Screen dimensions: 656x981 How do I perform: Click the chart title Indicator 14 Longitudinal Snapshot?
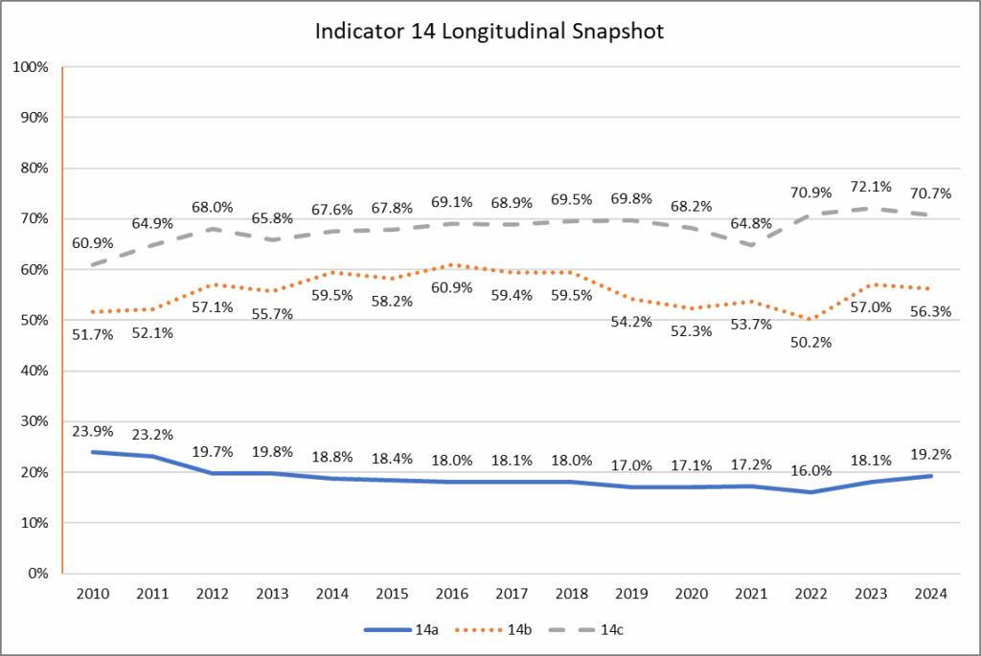tap(490, 31)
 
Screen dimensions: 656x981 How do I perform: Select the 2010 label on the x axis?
tap(93, 594)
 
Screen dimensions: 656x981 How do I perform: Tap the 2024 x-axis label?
tap(929, 594)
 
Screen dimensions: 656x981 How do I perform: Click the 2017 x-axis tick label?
tap(511, 594)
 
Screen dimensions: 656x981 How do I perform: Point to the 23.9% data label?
tap(92, 430)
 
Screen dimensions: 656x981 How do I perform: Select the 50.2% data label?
tap(810, 342)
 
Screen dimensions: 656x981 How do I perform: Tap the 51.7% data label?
tap(92, 333)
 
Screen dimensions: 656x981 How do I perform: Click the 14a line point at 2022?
tap(810, 492)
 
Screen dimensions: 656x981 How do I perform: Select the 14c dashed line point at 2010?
tap(93, 264)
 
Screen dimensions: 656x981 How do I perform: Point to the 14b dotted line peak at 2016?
tap(451, 265)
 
